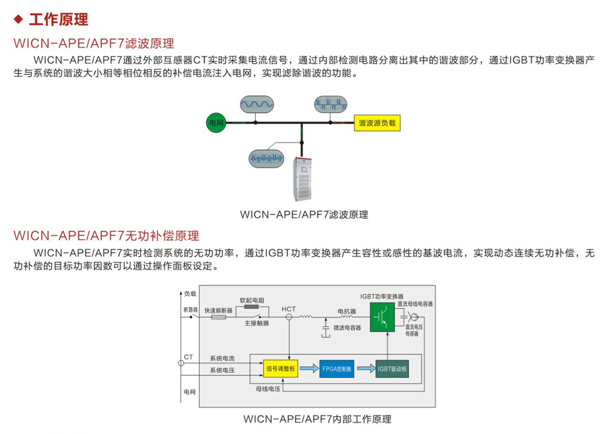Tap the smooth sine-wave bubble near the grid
tap(257, 104)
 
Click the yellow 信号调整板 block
tap(281, 368)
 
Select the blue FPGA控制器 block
tap(337, 368)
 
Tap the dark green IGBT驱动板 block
tap(393, 368)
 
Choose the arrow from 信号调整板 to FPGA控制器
tap(308, 368)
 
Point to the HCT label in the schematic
tap(289, 308)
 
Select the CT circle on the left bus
tap(180, 362)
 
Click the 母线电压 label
tap(268, 389)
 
